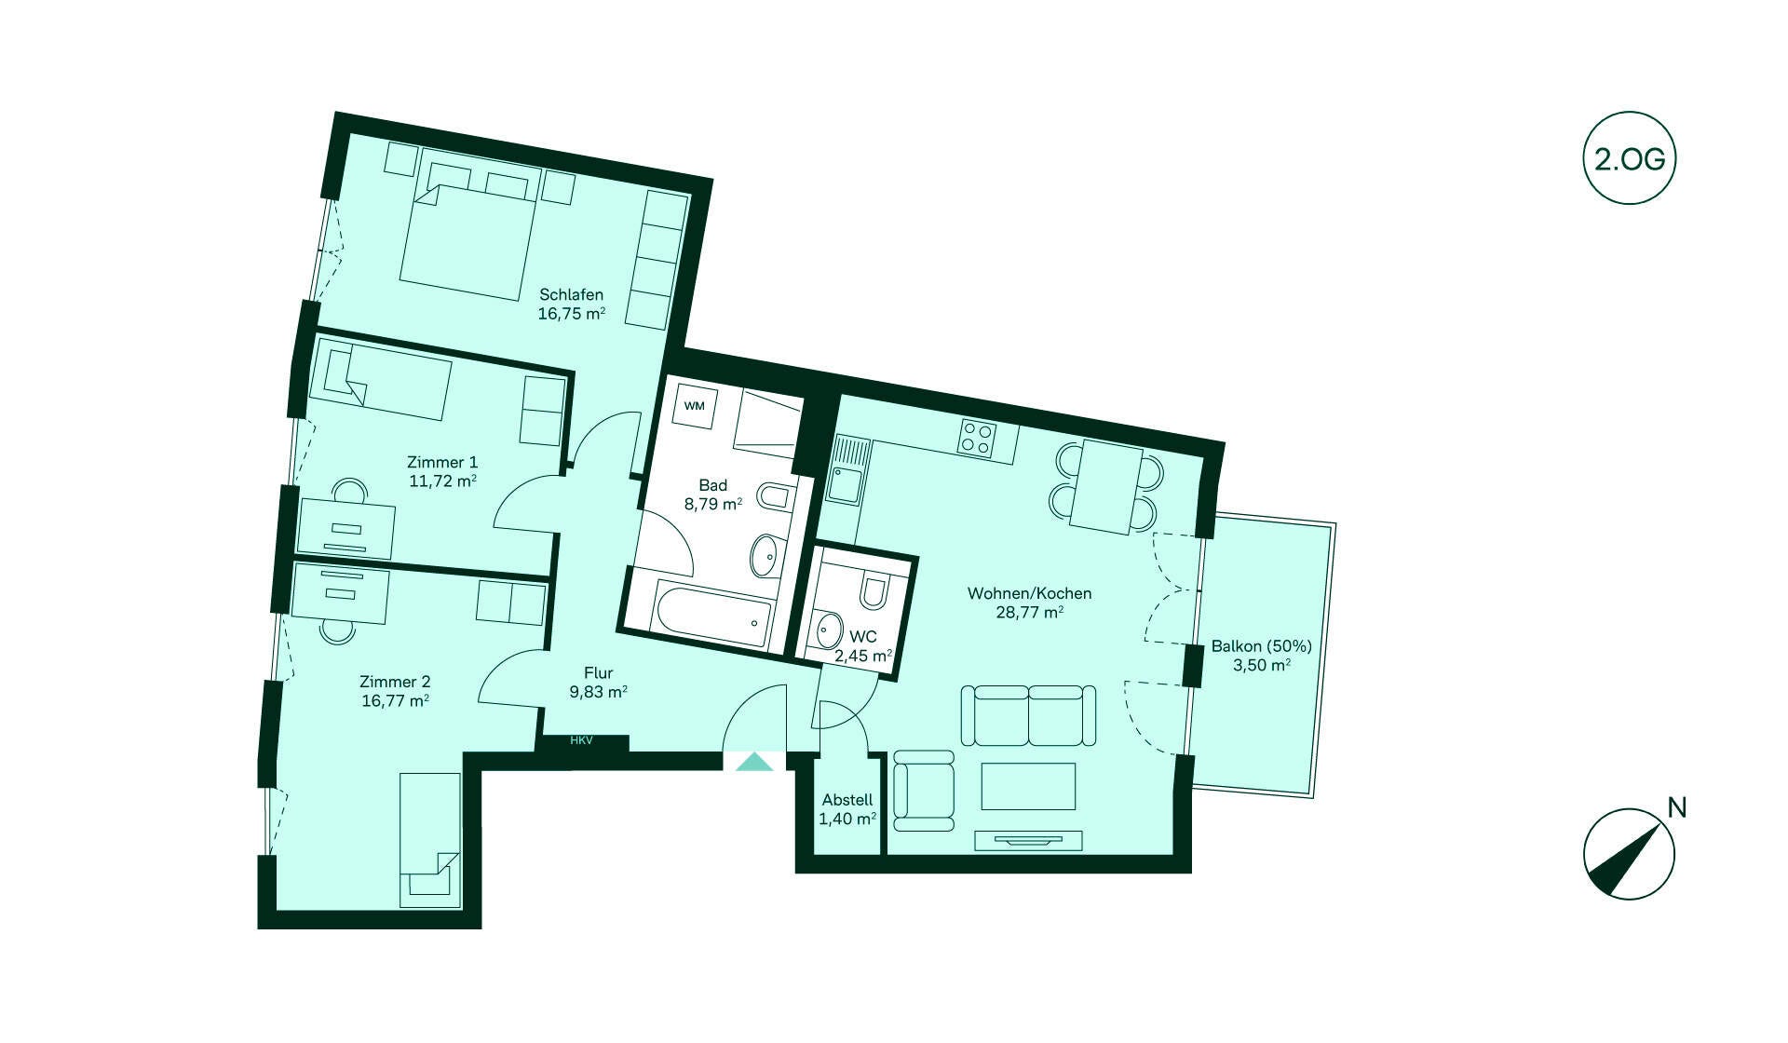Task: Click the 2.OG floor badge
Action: pos(1629,160)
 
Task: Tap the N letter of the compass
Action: pos(1677,807)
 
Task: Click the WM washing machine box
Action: pos(695,406)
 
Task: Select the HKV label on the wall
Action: pos(581,741)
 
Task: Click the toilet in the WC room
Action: pos(875,590)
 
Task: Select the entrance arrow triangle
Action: pos(754,762)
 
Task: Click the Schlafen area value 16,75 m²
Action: pos(572,314)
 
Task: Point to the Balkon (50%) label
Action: pos(1262,646)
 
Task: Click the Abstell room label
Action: pos(847,800)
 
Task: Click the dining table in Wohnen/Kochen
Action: pos(1105,488)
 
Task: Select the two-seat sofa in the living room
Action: pos(1028,715)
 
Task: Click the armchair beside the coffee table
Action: pos(924,791)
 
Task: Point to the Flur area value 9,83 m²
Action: pos(598,692)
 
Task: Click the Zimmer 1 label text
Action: pos(442,462)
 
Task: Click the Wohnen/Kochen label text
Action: pos(1029,593)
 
